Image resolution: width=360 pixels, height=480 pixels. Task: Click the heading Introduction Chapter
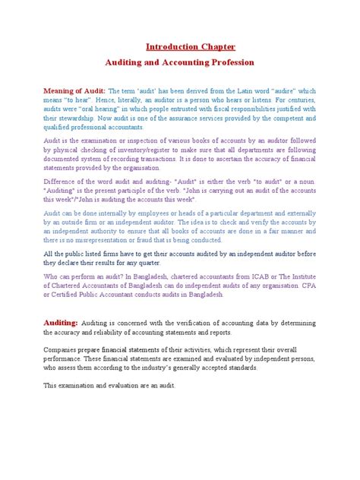coord(180,47)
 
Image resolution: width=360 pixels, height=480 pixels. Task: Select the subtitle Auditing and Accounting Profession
coord(180,62)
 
